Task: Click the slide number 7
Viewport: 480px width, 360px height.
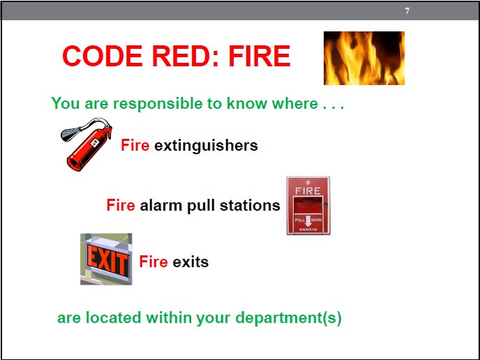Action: [x=407, y=11]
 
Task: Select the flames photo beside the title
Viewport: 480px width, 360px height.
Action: [x=363, y=58]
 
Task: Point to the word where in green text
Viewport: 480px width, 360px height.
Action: [x=295, y=104]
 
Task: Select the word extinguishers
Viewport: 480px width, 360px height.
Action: [x=206, y=145]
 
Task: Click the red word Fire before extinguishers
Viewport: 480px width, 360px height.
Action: [x=135, y=145]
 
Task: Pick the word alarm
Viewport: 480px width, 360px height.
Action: [x=160, y=206]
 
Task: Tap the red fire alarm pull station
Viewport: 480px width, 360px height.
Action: [x=308, y=206]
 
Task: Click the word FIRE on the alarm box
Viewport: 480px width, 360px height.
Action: [x=308, y=190]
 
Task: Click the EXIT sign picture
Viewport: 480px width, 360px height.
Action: [x=106, y=260]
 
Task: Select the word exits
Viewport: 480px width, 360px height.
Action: [x=190, y=262]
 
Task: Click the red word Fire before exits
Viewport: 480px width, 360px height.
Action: [x=153, y=262]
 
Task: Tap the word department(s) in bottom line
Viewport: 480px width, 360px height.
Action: [x=288, y=318]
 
